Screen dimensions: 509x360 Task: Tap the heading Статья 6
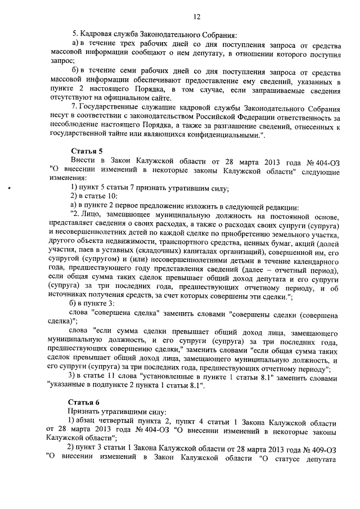click(x=84, y=402)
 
